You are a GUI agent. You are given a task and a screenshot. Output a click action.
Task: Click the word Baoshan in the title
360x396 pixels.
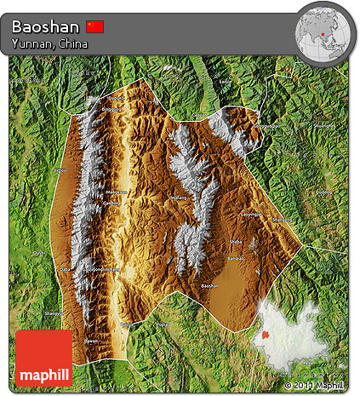point(48,26)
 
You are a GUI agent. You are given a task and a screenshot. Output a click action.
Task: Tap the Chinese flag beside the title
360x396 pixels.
point(95,26)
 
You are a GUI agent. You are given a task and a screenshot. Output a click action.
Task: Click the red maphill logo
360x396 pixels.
point(43,358)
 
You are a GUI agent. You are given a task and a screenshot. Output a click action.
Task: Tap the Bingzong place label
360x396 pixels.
point(111,110)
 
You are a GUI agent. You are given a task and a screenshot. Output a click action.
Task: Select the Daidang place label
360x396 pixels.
point(115,97)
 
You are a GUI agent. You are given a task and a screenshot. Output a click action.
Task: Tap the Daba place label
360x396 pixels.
point(65,268)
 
